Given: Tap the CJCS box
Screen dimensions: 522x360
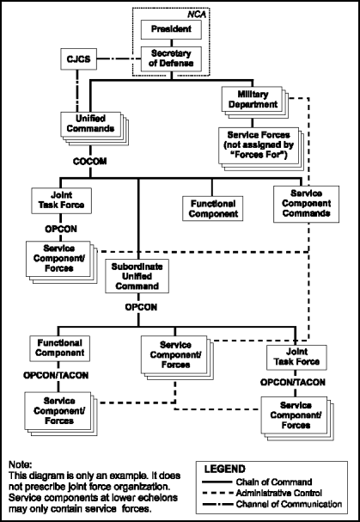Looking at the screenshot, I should (x=78, y=60).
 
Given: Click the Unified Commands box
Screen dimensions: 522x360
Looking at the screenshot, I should (x=88, y=124).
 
